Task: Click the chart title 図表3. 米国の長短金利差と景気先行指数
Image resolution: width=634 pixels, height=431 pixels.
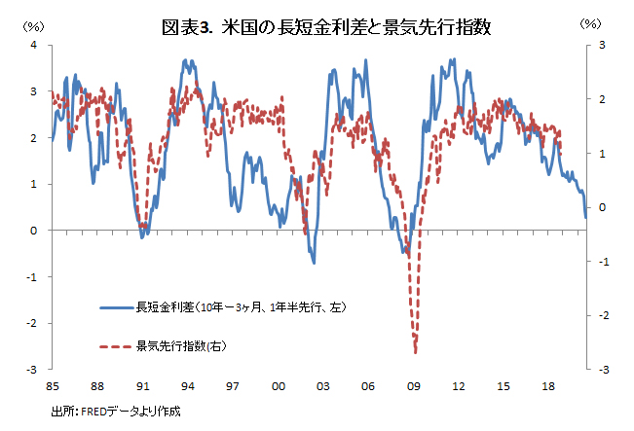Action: coord(325,28)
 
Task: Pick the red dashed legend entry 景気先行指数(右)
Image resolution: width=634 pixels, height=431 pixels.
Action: coord(181,345)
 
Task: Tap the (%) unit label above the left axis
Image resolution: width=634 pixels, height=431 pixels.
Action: coord(33,23)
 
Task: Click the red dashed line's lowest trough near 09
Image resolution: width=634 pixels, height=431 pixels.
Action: coord(416,352)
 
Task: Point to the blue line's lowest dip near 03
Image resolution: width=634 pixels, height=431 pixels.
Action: coord(314,263)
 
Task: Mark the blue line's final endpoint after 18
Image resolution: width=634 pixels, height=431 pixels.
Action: coord(585,218)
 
